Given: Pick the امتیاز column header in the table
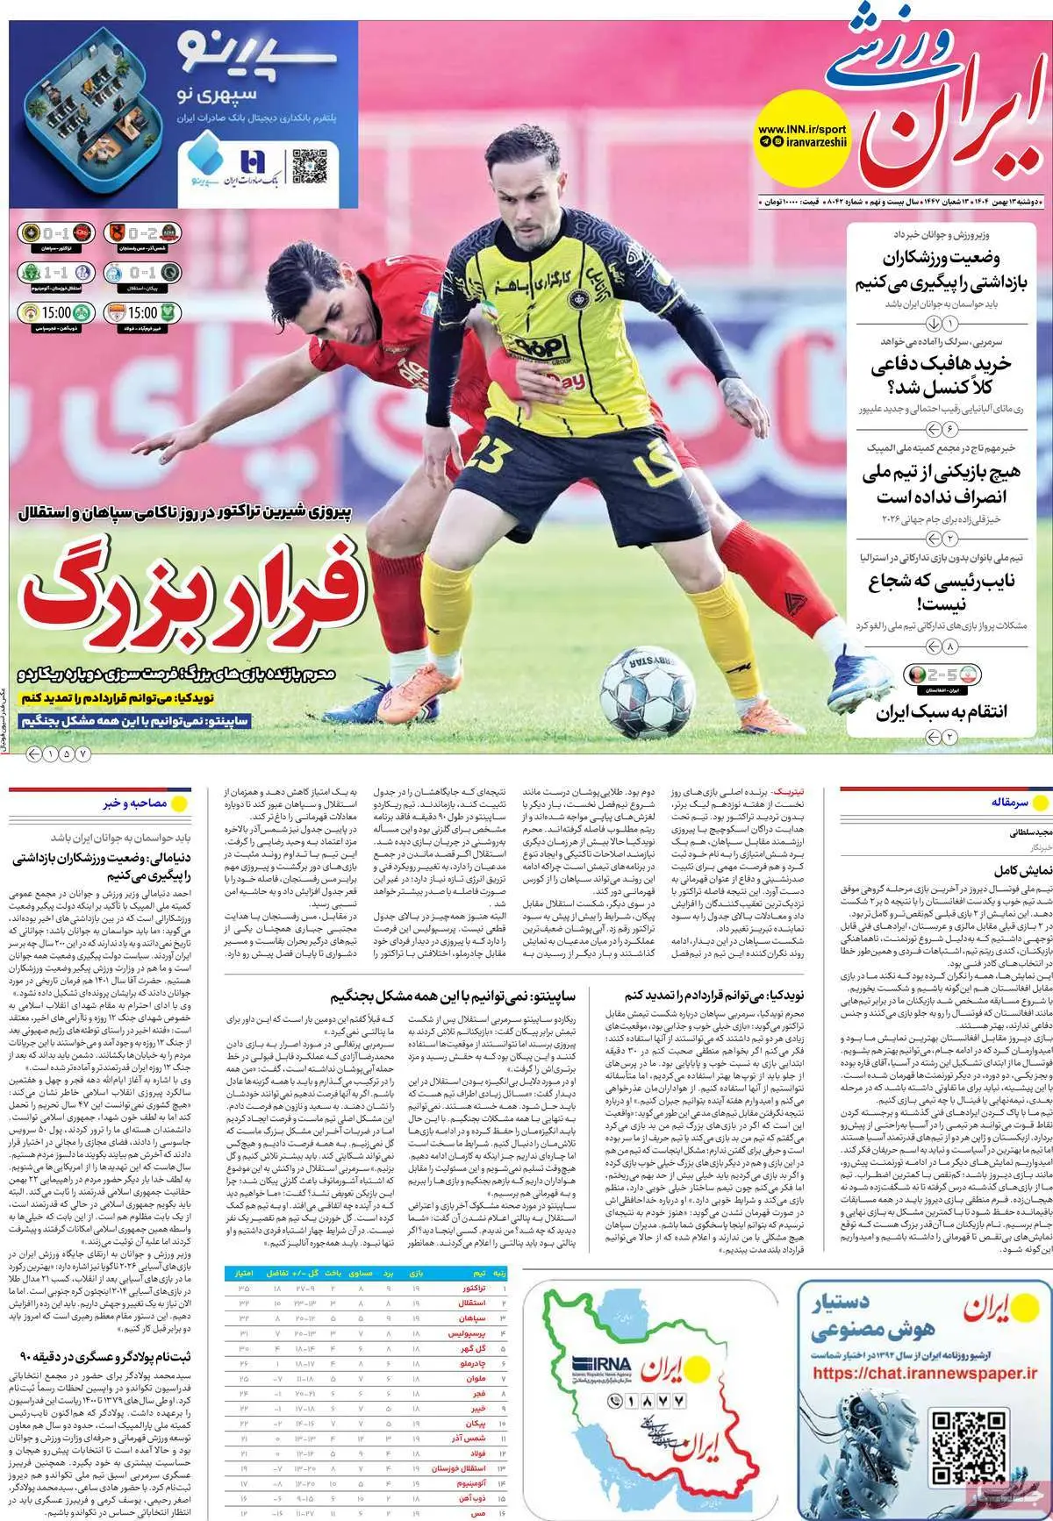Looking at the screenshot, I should pyautogui.click(x=240, y=1271).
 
